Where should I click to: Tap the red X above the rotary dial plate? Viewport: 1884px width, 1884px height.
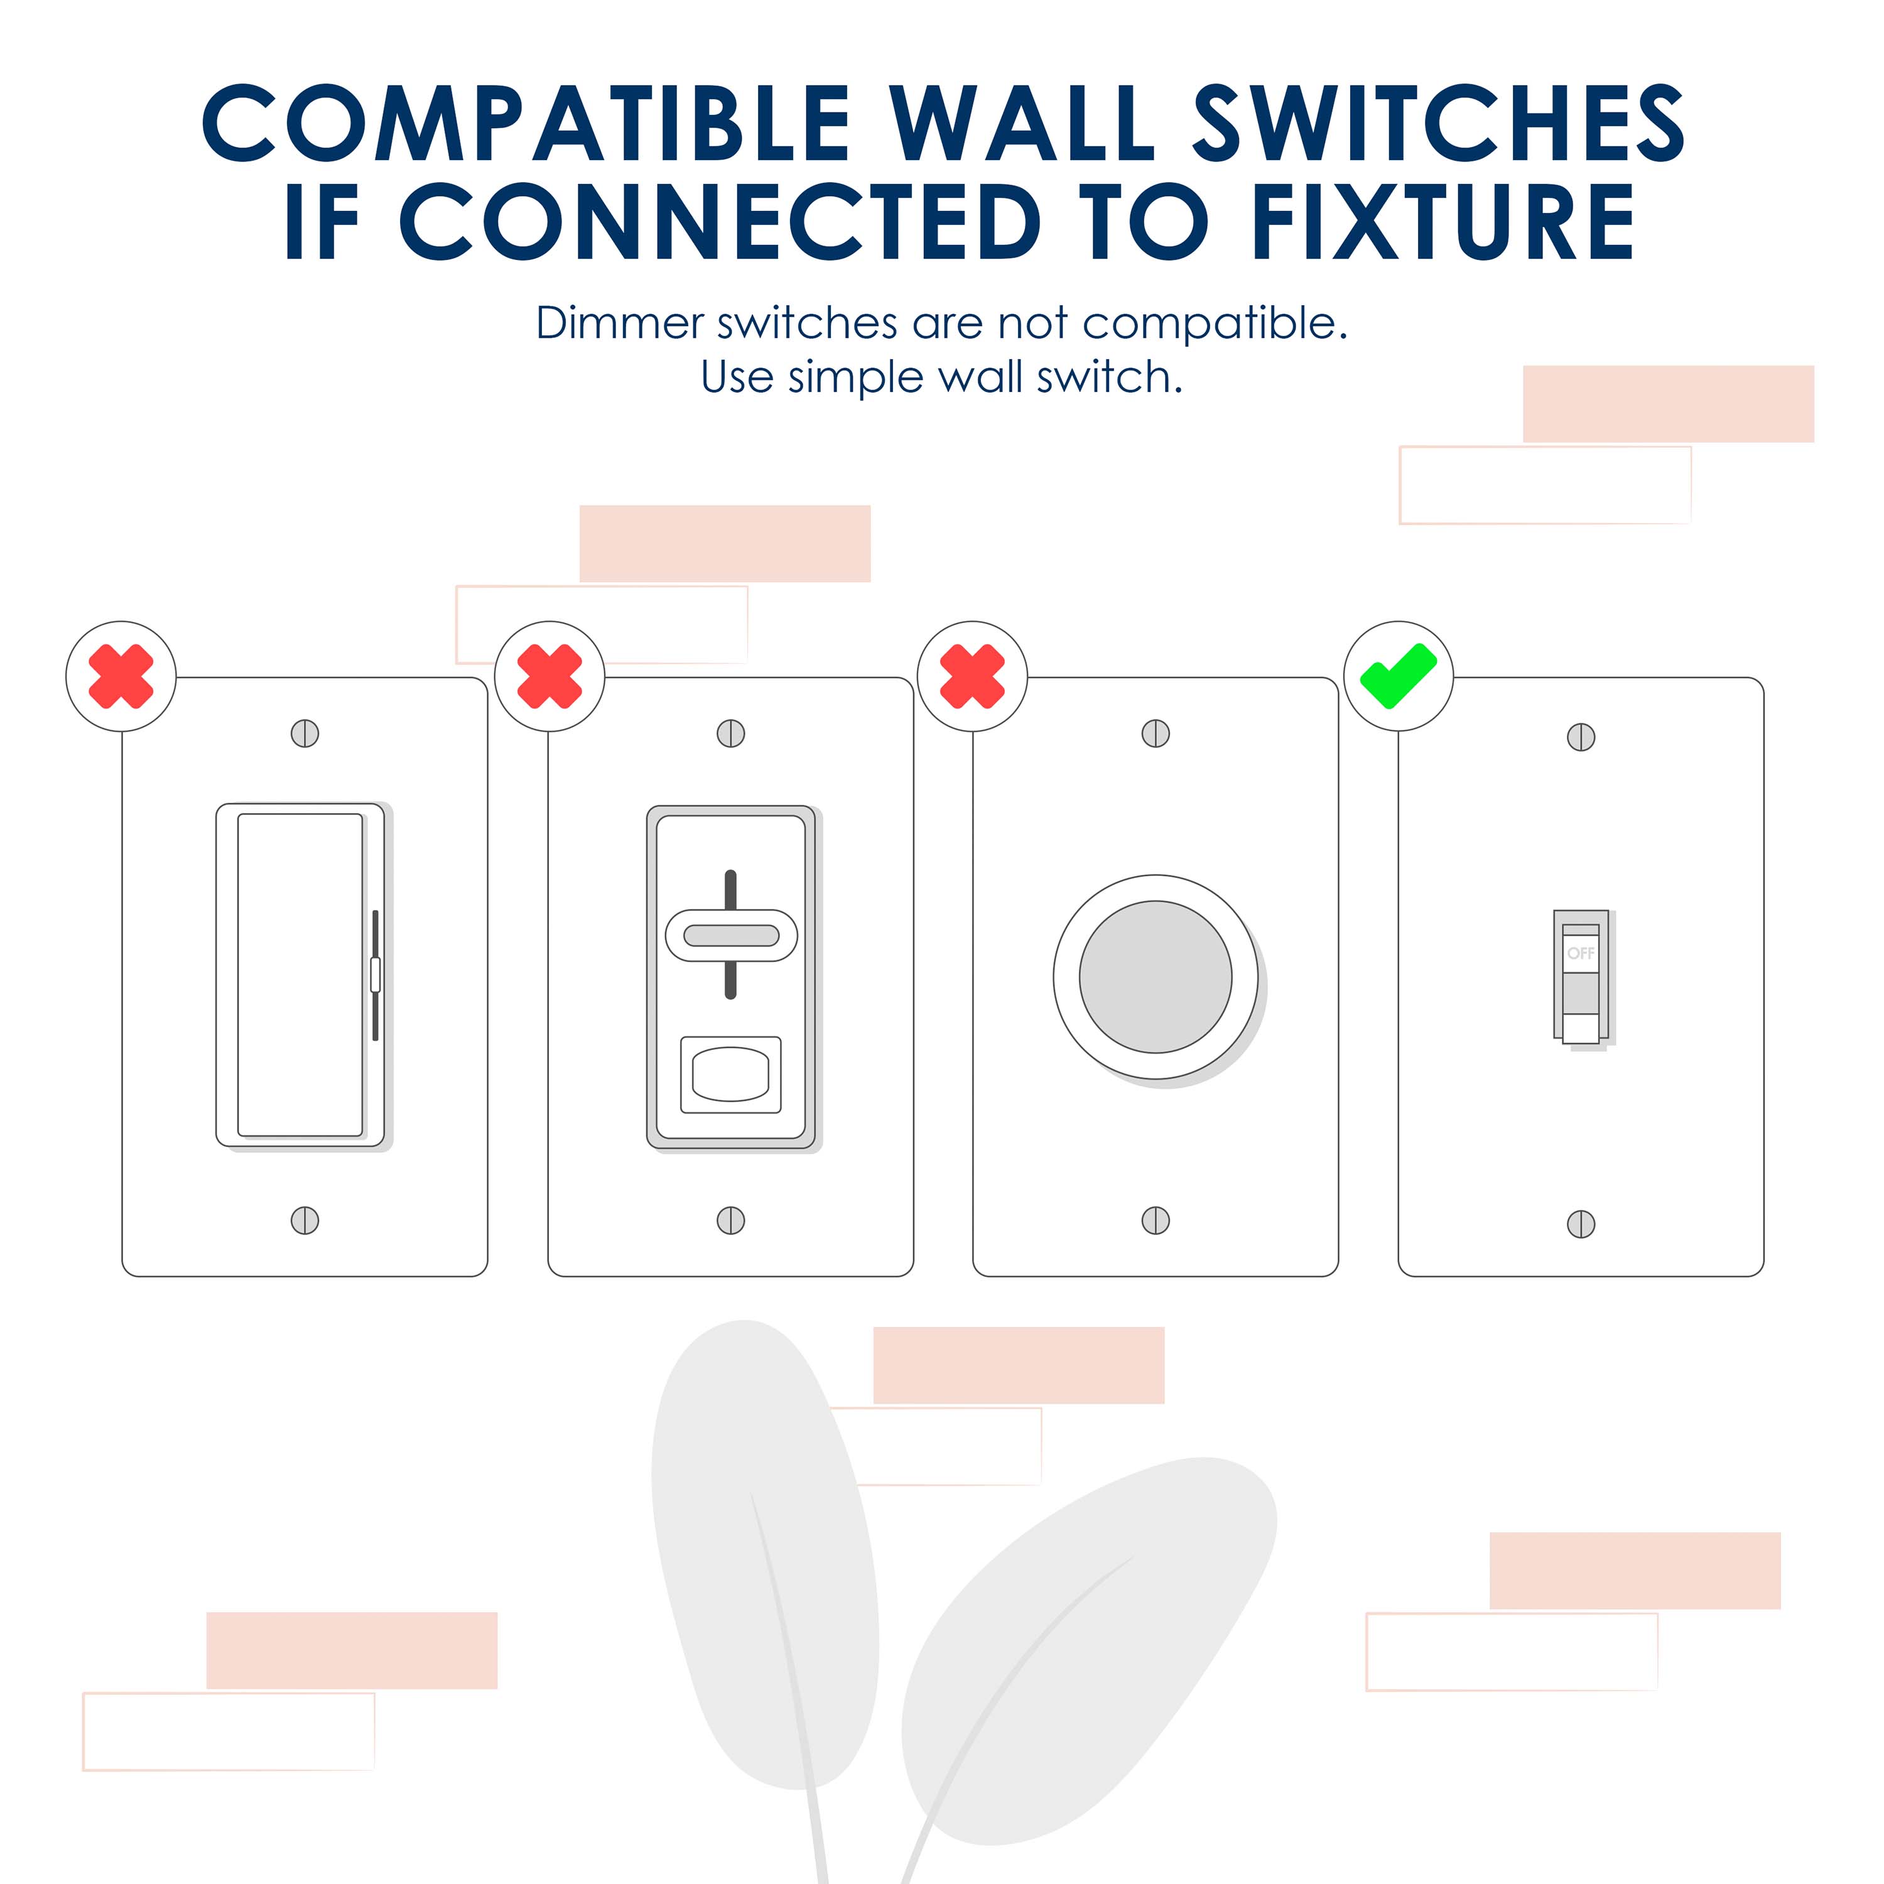click(x=972, y=676)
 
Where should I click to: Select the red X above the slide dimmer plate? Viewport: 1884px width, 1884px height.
click(x=549, y=676)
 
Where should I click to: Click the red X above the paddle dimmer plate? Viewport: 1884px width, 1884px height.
click(x=121, y=676)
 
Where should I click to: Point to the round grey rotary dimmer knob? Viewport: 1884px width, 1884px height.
click(x=1155, y=977)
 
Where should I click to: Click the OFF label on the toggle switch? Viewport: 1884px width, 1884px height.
click(x=1581, y=953)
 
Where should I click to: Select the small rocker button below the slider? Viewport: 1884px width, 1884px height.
click(x=730, y=1075)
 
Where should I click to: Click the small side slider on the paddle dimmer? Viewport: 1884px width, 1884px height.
click(x=376, y=974)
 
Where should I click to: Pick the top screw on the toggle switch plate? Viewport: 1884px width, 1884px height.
click(x=1581, y=737)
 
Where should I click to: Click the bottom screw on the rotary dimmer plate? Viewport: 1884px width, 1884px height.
click(x=1156, y=1220)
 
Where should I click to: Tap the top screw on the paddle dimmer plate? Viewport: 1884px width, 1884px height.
click(x=305, y=734)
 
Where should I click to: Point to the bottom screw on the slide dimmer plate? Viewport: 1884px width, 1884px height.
click(x=730, y=1220)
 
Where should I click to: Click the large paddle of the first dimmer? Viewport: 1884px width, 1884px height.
click(x=300, y=975)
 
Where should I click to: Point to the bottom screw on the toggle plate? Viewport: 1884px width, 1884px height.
click(x=1581, y=1224)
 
